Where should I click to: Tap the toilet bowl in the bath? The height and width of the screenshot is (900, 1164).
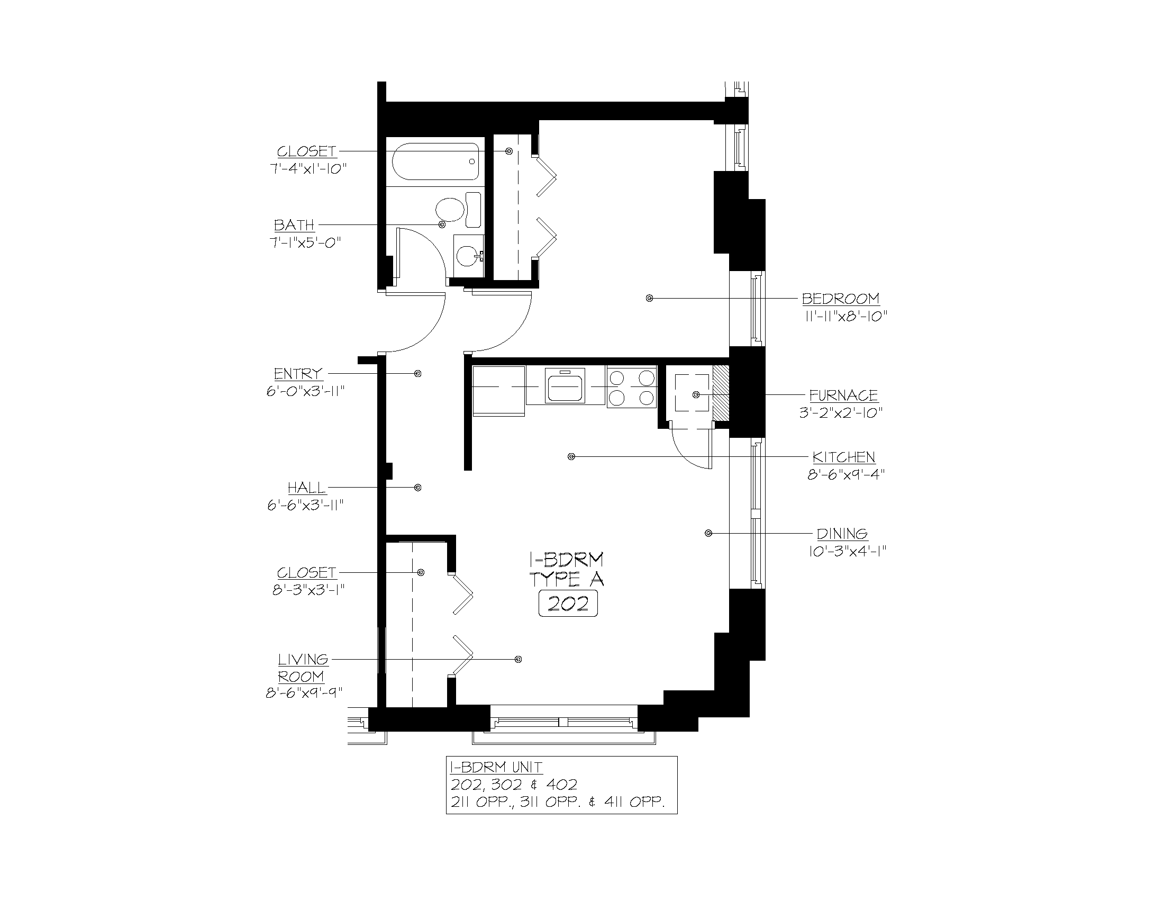coord(449,210)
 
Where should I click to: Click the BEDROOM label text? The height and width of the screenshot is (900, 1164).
coord(841,299)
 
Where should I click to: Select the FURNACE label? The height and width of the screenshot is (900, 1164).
coord(843,395)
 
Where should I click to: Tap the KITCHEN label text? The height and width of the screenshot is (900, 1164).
coord(844,457)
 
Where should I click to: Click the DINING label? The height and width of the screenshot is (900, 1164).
coord(842,534)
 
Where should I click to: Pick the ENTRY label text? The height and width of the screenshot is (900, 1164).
coord(298,374)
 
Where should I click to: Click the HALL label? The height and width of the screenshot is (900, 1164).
coord(306,488)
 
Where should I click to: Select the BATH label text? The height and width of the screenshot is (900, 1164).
coord(294,225)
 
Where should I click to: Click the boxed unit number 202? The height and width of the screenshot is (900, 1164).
coord(568,604)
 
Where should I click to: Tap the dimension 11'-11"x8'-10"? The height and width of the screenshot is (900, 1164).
coord(845,316)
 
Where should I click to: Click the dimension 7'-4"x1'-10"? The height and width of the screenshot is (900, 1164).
coord(307,169)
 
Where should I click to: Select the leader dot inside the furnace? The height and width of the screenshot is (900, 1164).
coord(696,394)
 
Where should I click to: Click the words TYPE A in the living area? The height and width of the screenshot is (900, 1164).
coord(567,579)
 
